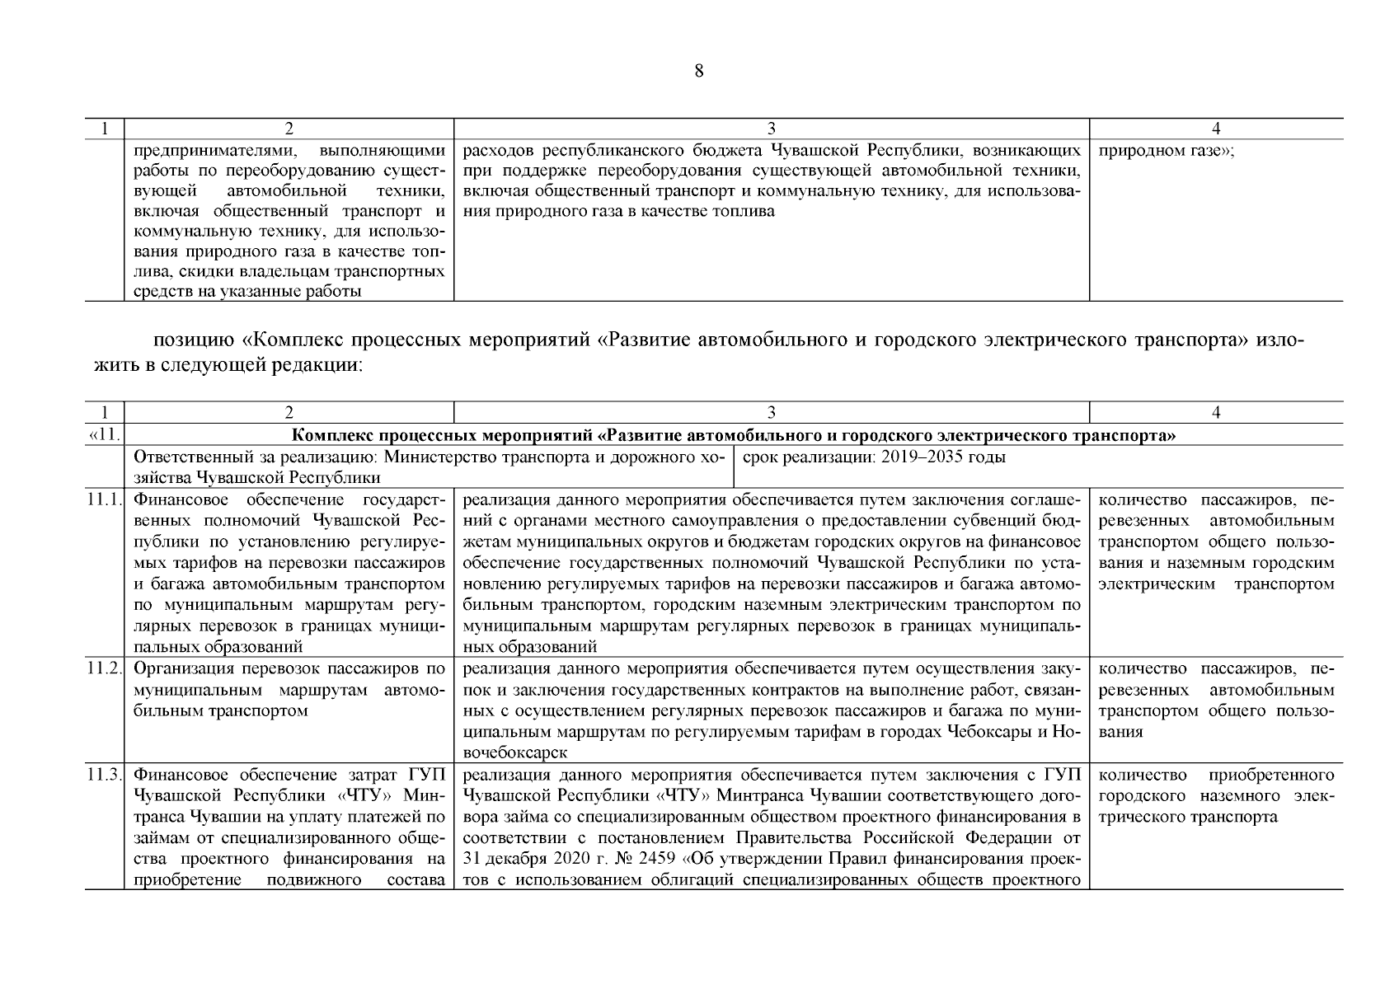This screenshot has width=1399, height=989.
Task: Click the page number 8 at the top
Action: [x=699, y=71]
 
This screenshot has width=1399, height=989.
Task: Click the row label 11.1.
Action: [x=105, y=499]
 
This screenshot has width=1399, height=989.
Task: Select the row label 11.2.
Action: [x=105, y=668]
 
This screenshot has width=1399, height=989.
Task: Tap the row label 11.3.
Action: [x=105, y=775]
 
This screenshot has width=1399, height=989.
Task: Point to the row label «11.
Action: [x=105, y=435]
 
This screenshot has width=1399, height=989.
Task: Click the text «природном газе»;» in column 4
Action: [x=1167, y=151]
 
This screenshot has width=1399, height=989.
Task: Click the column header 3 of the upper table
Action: [x=772, y=128]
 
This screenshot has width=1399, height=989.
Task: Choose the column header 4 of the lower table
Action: [x=1216, y=412]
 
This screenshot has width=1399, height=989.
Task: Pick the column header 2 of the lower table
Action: [x=289, y=412]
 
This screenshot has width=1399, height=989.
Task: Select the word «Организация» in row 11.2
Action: [x=180, y=668]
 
